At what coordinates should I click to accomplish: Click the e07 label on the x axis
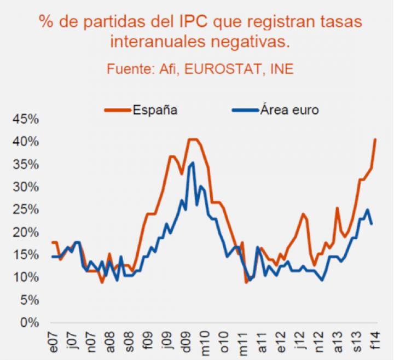pos(54,343)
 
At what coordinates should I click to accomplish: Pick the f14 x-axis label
pos(375,342)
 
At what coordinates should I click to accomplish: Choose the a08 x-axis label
pos(111,343)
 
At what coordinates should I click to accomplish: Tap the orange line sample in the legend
pos(117,110)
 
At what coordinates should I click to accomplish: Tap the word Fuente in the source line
pos(127,69)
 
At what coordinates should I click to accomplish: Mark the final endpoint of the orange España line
pos(375,139)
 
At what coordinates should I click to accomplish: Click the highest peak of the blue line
pos(193,162)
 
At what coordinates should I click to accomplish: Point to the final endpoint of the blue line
pos(372,224)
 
